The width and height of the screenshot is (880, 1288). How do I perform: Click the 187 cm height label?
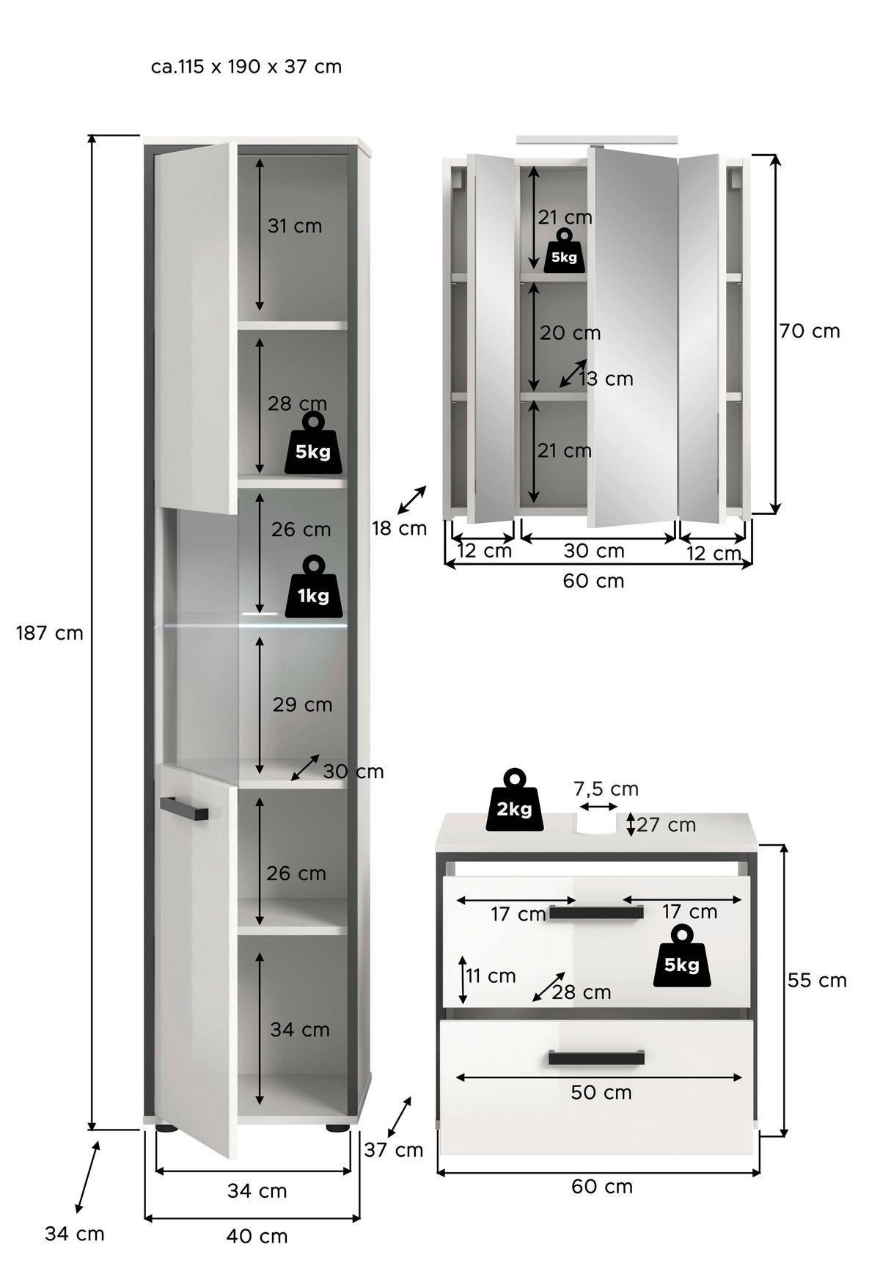(50, 633)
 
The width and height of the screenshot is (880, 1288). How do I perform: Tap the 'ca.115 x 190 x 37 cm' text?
(246, 67)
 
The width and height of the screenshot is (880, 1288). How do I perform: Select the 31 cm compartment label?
(294, 226)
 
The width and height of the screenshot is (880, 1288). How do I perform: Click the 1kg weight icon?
(313, 587)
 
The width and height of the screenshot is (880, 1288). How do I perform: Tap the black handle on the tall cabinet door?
(184, 808)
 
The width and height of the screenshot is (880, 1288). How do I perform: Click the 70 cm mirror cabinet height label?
(809, 332)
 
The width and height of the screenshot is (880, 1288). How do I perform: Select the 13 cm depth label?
(606, 379)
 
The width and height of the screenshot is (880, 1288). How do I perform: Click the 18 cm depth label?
(399, 528)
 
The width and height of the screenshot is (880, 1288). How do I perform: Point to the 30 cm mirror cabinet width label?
(594, 551)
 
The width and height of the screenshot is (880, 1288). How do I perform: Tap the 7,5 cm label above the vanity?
(606, 789)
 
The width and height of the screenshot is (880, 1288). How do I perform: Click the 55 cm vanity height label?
(817, 981)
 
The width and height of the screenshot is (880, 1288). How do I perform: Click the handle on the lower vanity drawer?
(596, 1057)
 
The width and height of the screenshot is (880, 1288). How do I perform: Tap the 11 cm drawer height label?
(491, 976)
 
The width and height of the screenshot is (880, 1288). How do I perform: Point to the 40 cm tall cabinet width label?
(256, 1236)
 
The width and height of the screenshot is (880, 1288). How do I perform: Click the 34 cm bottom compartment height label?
(299, 1030)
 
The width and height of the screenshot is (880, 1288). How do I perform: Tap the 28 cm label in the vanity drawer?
(582, 992)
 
